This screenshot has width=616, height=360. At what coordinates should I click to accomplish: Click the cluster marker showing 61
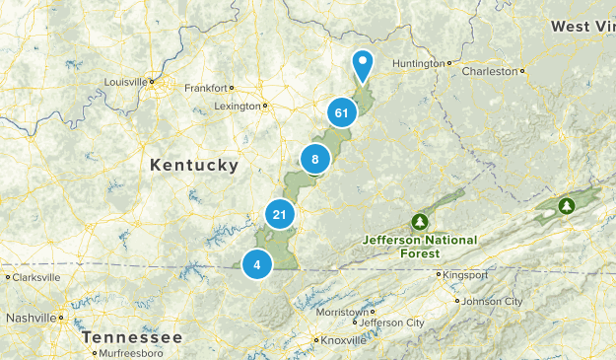(341, 113)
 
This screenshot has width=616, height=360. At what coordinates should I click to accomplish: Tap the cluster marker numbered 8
(314, 158)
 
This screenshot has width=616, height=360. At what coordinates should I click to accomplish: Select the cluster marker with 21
(280, 214)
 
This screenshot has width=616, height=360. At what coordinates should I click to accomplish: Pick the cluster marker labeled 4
(257, 263)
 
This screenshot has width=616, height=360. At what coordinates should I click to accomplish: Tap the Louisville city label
(126, 81)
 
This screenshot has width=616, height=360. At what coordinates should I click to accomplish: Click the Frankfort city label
(207, 87)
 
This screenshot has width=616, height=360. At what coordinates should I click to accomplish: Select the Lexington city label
(238, 106)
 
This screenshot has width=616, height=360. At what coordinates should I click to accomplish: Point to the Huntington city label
(419, 63)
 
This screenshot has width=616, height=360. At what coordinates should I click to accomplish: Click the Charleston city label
(490, 71)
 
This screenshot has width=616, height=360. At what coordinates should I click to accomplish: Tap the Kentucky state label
(194, 165)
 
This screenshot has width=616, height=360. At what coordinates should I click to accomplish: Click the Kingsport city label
(466, 274)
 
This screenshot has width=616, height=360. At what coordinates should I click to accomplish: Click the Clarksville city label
(36, 277)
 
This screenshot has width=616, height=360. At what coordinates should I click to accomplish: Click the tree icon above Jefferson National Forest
(420, 221)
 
